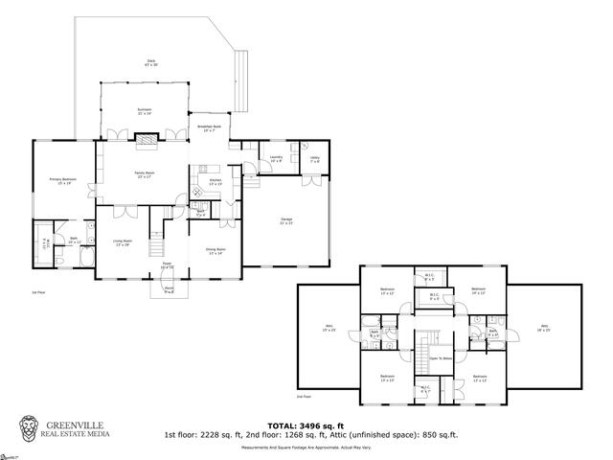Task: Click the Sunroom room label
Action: [145, 111]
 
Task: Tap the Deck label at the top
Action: [151, 61]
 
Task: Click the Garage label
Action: [285, 220]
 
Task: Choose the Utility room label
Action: [315, 159]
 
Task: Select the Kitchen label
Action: [216, 181]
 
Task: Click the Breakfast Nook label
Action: [209, 128]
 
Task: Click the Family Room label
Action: [145, 174]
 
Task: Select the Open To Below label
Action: [440, 358]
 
